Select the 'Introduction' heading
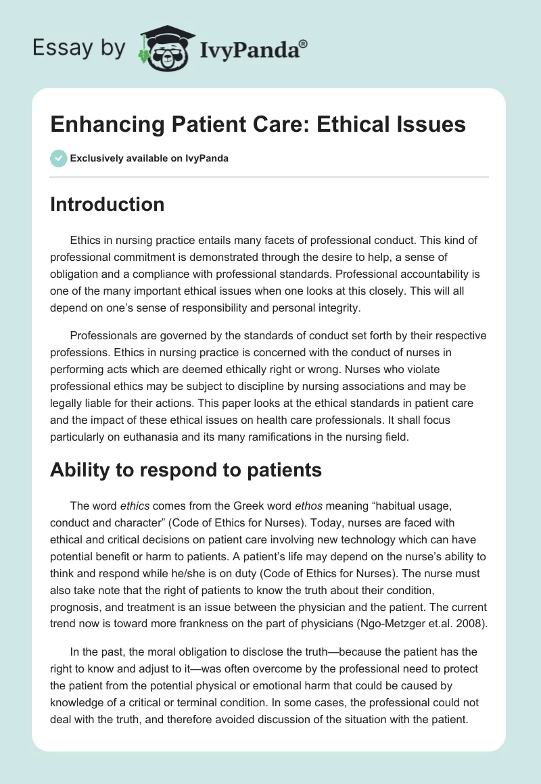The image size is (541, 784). coord(107,204)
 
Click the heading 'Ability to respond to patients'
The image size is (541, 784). coord(185,471)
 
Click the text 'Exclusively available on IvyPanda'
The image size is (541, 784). coord(149,159)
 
